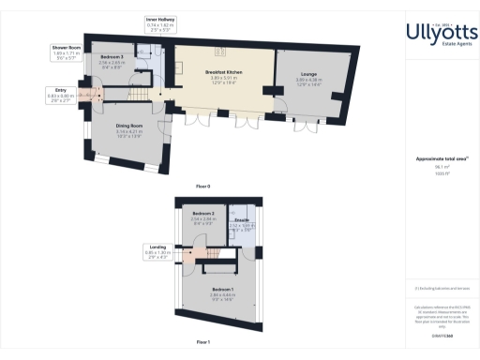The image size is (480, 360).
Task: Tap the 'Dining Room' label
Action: pos(128,125)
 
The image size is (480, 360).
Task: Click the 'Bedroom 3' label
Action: pos(112,57)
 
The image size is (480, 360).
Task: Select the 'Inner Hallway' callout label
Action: pos(161,19)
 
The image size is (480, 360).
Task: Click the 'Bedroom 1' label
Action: pos(222,289)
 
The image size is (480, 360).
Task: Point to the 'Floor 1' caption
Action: pos(202,343)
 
